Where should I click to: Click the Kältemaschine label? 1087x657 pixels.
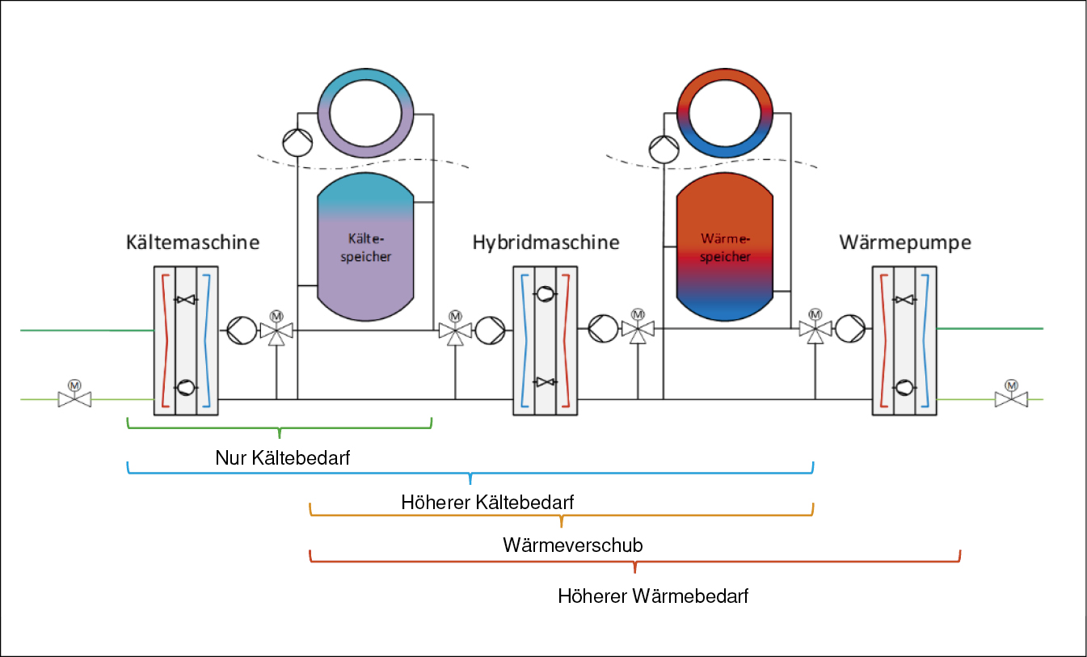[192, 242]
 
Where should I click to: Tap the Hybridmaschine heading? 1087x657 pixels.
[546, 242]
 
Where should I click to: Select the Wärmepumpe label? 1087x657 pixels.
[905, 242]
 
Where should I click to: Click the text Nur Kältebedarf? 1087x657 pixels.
[282, 457]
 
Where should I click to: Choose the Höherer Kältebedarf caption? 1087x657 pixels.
[487, 502]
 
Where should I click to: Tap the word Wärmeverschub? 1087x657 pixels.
[573, 545]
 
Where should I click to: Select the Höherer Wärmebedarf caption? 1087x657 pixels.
[653, 596]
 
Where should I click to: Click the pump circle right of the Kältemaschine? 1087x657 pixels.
[242, 331]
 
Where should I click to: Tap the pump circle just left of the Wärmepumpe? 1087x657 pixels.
[850, 328]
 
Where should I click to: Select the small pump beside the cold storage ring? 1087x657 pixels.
[297, 142]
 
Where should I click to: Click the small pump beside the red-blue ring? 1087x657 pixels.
[664, 149]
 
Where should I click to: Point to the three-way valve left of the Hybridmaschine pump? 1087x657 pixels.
[455, 329]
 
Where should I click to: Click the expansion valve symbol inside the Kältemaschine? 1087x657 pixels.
[186, 299]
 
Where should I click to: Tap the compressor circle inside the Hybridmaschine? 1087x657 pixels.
[545, 294]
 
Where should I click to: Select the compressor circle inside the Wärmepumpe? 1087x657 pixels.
[904, 387]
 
